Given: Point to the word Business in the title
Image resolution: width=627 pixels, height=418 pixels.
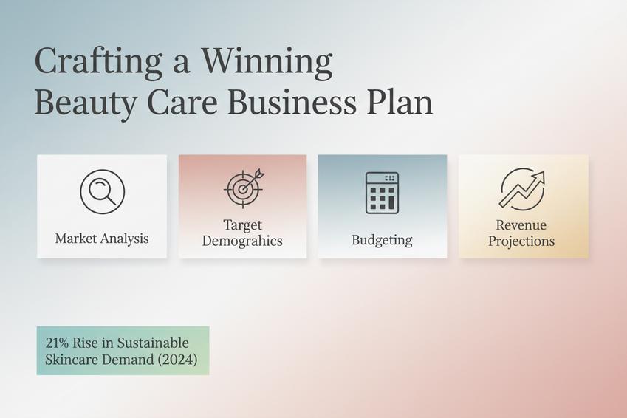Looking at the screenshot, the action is click(292, 103).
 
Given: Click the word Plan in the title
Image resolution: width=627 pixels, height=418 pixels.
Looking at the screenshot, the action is click(400, 103).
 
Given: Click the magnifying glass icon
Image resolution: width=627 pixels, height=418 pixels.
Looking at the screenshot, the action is click(103, 191).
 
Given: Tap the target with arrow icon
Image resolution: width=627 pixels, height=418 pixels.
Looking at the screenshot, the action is click(244, 188).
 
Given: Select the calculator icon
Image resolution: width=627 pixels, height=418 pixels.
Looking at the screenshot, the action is click(383, 193).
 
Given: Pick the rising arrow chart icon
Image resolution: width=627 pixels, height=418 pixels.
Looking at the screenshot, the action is click(522, 189).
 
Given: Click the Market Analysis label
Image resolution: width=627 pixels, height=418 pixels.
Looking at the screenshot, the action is click(102, 239).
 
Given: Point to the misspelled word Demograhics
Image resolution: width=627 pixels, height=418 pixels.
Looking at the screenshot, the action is click(242, 241).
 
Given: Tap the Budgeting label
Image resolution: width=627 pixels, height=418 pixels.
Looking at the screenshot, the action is click(382, 240).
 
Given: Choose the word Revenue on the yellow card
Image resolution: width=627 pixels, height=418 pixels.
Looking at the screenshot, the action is click(521, 225).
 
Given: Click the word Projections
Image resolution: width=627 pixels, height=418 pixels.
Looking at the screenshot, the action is click(521, 241).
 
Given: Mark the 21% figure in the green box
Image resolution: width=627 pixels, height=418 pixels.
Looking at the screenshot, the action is click(57, 343).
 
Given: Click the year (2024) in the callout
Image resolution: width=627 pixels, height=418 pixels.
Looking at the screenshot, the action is click(177, 360).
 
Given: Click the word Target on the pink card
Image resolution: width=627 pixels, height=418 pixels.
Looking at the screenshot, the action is click(243, 225).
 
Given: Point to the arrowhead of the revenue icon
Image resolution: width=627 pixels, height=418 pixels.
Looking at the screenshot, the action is click(539, 177).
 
